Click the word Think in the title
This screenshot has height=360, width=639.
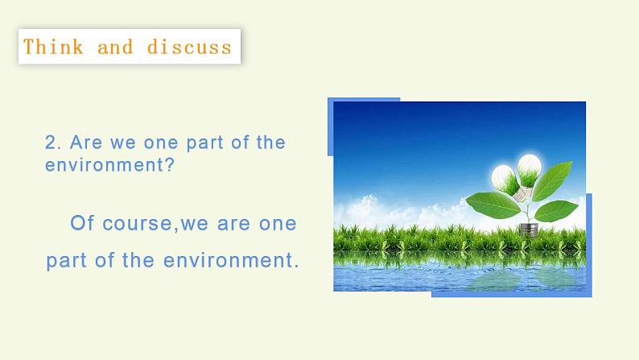pos(53,47)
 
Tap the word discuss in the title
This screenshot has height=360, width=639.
pos(189,47)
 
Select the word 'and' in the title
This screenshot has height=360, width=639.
pos(115,47)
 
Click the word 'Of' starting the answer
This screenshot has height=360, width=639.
pos(83,223)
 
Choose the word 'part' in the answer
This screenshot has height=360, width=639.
pos(64,262)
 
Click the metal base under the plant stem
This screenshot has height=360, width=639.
pos(528,229)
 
